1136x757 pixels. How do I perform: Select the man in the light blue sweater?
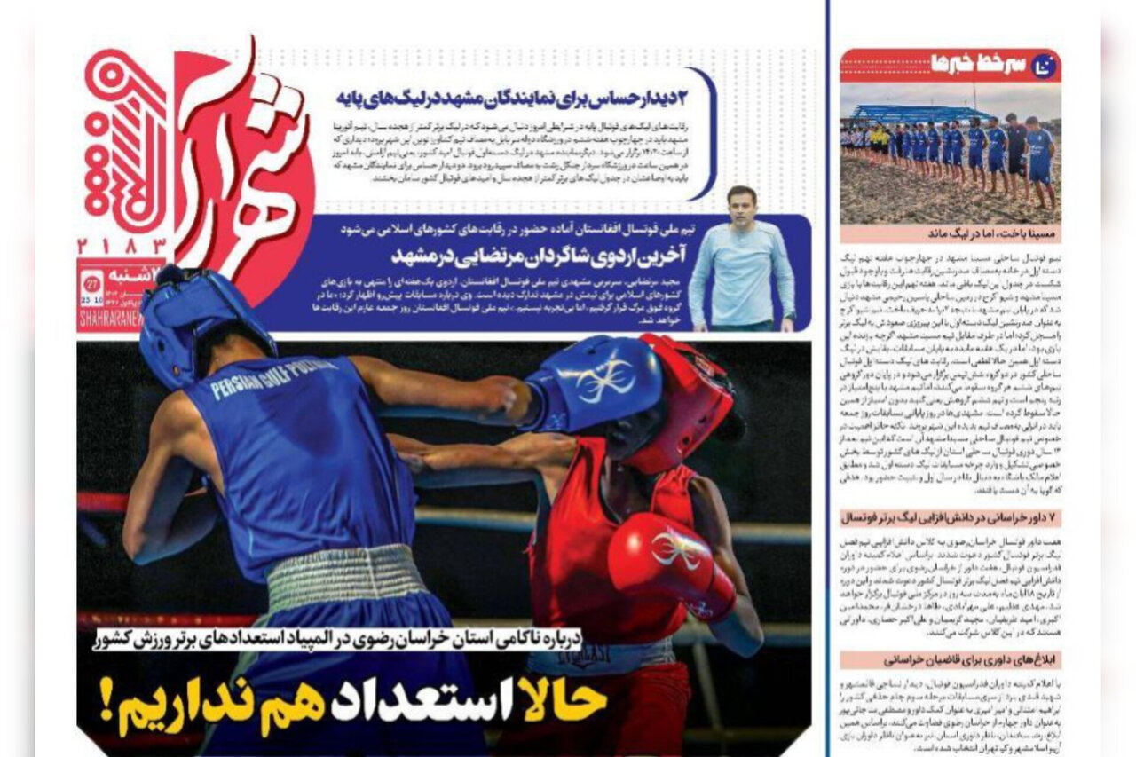click(x=742, y=262)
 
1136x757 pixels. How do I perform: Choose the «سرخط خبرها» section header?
click(x=976, y=65)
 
